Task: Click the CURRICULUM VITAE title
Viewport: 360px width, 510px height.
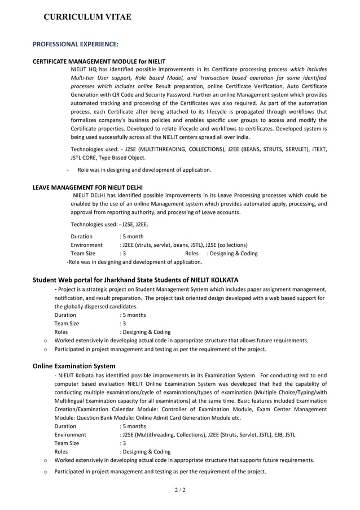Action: click(x=87, y=17)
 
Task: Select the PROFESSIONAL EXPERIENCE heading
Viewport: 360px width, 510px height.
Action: click(x=76, y=44)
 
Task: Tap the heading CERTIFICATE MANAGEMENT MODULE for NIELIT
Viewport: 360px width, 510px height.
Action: click(x=99, y=62)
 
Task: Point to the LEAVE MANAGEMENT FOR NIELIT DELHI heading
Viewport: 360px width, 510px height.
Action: click(x=87, y=187)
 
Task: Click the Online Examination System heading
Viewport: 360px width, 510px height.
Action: click(x=74, y=366)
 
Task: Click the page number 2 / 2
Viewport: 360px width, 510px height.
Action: click(x=179, y=490)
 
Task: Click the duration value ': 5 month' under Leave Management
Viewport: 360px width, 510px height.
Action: click(x=131, y=236)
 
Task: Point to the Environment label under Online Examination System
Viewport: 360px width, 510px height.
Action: click(x=70, y=435)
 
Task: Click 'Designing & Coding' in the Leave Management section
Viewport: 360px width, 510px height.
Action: click(x=232, y=254)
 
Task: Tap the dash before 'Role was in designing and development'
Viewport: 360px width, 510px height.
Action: click(x=68, y=169)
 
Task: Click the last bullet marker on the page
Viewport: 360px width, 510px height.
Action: click(x=45, y=472)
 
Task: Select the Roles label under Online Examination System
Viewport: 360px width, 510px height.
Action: click(x=61, y=452)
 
